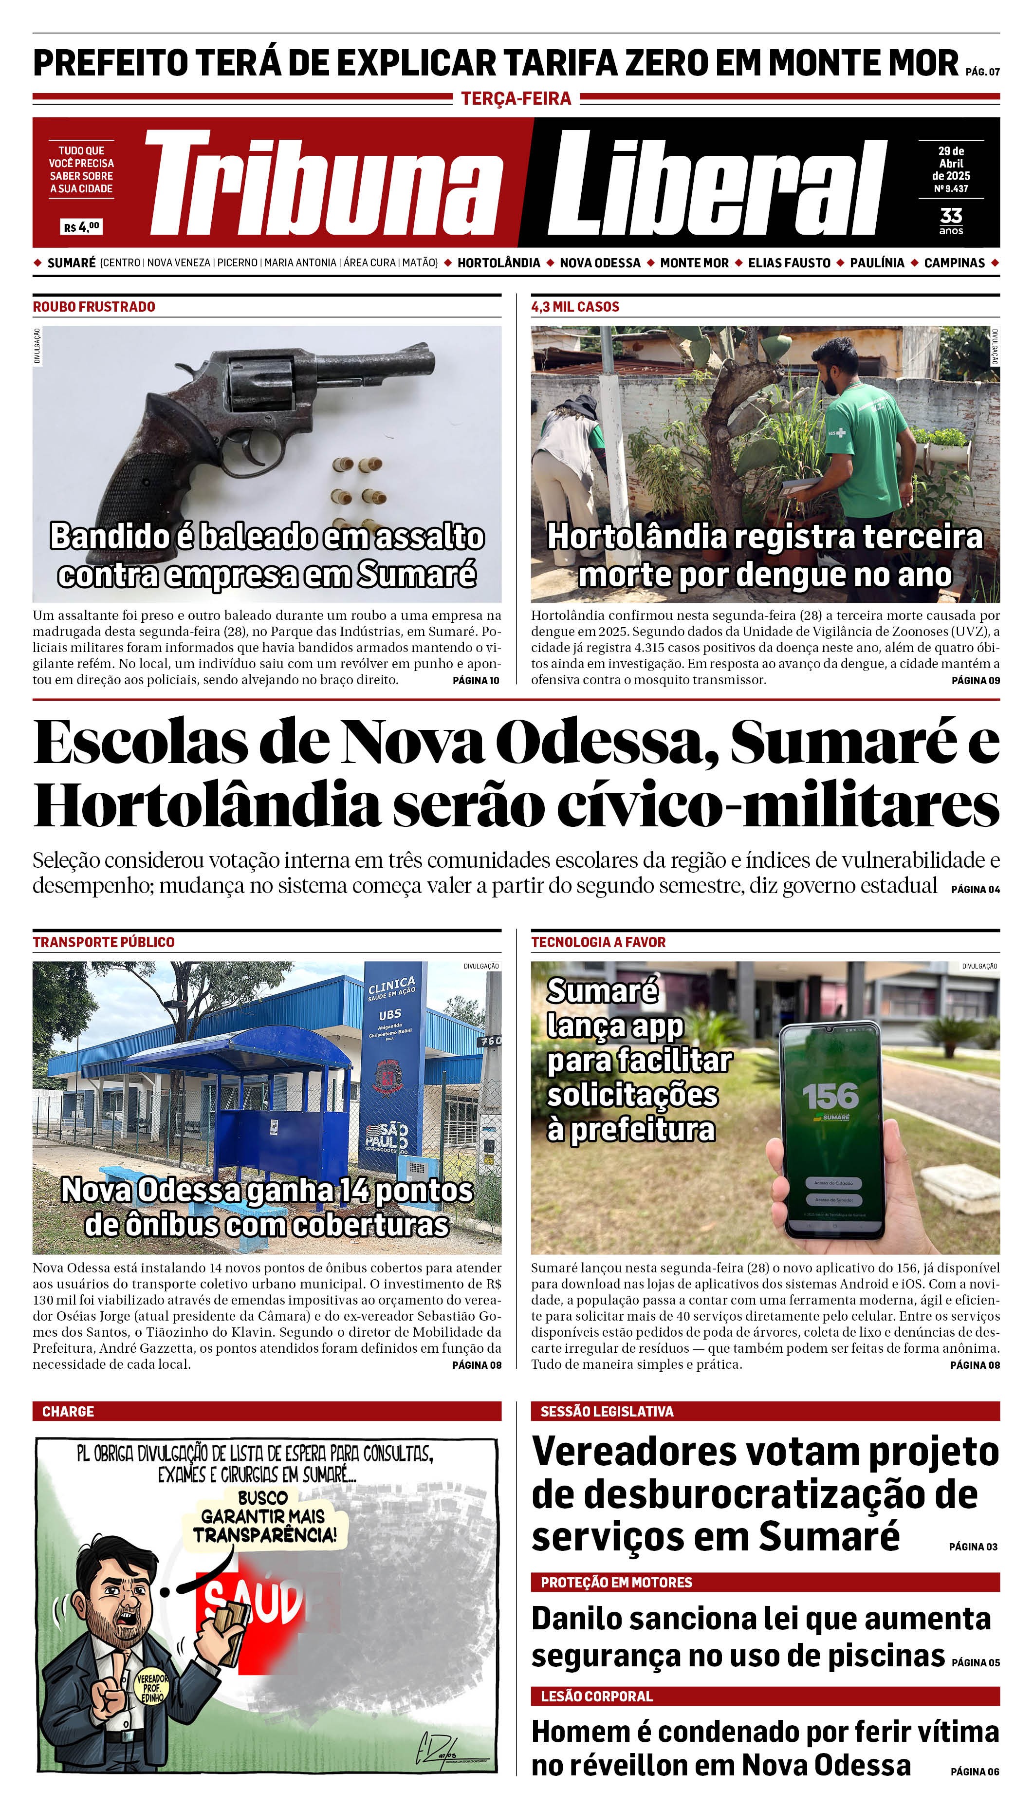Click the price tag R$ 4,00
82,227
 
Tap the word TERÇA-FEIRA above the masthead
516,99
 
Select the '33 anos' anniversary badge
951,220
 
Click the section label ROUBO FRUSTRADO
93,307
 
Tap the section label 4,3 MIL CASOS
575,307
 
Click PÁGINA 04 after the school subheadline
975,889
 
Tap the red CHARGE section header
68,1411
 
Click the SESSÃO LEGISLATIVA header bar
765,1411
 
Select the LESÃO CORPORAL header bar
765,1696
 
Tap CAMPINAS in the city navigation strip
954,262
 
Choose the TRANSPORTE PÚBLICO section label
104,942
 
